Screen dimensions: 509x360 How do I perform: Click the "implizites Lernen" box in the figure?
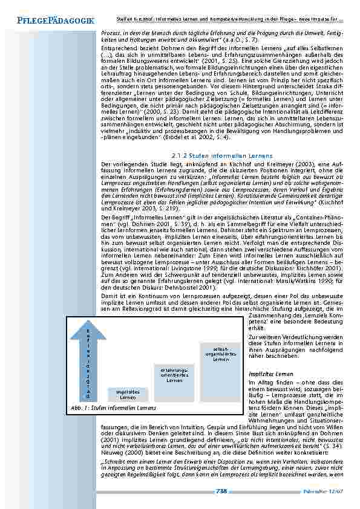point(128,395)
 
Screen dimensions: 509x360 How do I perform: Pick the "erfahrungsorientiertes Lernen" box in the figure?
point(174,375)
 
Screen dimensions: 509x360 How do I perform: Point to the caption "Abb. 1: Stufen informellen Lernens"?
point(113,408)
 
